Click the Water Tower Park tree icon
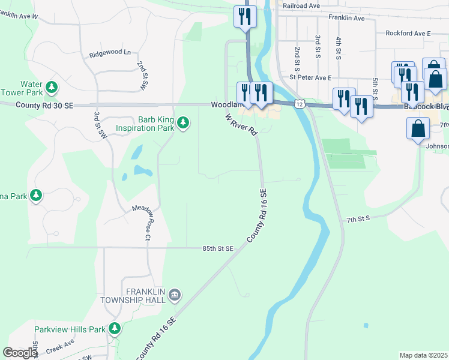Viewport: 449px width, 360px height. click(x=52, y=88)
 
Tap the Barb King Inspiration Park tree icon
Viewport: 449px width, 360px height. click(x=183, y=124)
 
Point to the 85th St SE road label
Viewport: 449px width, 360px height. click(x=218, y=248)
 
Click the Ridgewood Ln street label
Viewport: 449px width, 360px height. click(x=110, y=53)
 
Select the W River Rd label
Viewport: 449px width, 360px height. click(x=241, y=122)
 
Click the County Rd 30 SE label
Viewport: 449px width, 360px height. click(x=44, y=105)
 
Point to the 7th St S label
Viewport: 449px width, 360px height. click(x=358, y=220)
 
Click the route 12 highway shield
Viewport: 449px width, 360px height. click(x=298, y=104)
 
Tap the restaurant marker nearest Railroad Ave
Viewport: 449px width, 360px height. click(x=245, y=17)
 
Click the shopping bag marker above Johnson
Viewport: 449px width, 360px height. click(x=418, y=129)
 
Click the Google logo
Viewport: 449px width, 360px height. click(x=20, y=353)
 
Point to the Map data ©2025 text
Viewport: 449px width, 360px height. click(x=423, y=355)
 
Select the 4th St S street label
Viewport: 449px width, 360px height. click(x=339, y=47)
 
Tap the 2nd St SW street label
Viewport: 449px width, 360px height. click(x=142, y=75)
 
